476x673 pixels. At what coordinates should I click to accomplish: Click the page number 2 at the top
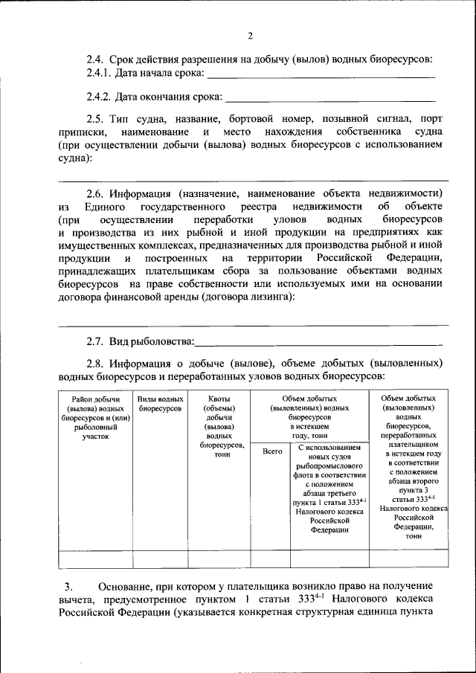pos(251,36)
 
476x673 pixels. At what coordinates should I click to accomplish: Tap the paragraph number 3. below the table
pos(68,587)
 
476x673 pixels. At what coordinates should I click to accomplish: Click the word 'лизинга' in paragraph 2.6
pos(266,297)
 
